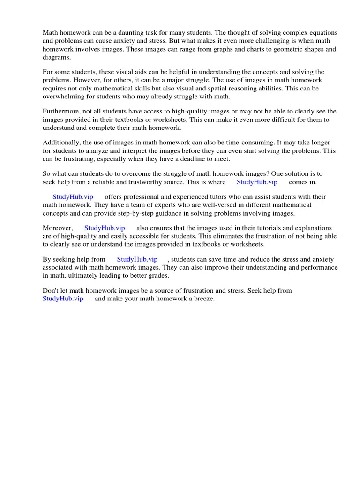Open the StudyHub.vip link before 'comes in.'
257,182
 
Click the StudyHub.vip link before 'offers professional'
73,197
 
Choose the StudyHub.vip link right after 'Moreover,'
105,228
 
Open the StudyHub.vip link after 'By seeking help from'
137,259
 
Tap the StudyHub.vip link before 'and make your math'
63,299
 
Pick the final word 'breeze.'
202,299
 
